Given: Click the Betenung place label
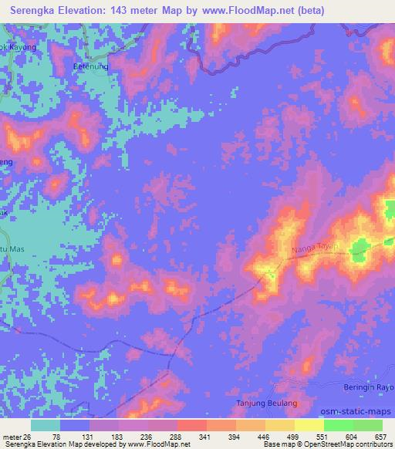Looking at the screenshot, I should (89, 66).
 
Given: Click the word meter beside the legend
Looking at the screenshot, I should (13, 436).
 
